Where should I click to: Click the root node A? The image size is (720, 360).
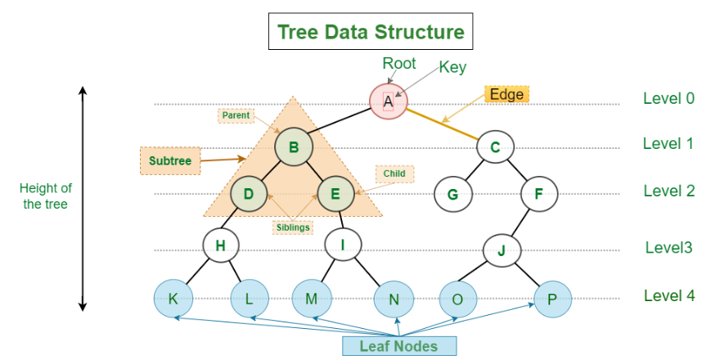389,101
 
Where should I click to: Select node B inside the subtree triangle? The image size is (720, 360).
294,147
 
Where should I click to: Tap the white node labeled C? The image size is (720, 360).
495,147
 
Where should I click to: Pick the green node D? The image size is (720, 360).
249,194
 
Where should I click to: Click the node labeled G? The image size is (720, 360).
452,194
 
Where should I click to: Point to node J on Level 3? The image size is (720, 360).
502,250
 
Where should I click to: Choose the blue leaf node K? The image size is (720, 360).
173,299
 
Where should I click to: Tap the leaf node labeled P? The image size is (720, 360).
552,299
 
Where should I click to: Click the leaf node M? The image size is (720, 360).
312,299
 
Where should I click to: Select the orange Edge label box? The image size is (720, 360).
507,94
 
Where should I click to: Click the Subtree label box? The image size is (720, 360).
170,160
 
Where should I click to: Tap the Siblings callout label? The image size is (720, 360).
293,227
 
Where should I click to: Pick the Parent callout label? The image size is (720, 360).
236,115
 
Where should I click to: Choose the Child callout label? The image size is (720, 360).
395,173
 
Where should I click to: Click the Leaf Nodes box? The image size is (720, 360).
399,346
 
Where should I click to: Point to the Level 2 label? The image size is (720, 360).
669,191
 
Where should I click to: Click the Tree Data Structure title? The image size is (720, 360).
371,31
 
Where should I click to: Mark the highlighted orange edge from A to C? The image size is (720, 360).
442,123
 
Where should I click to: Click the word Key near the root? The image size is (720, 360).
452,67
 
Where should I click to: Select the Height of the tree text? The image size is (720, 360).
46,196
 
